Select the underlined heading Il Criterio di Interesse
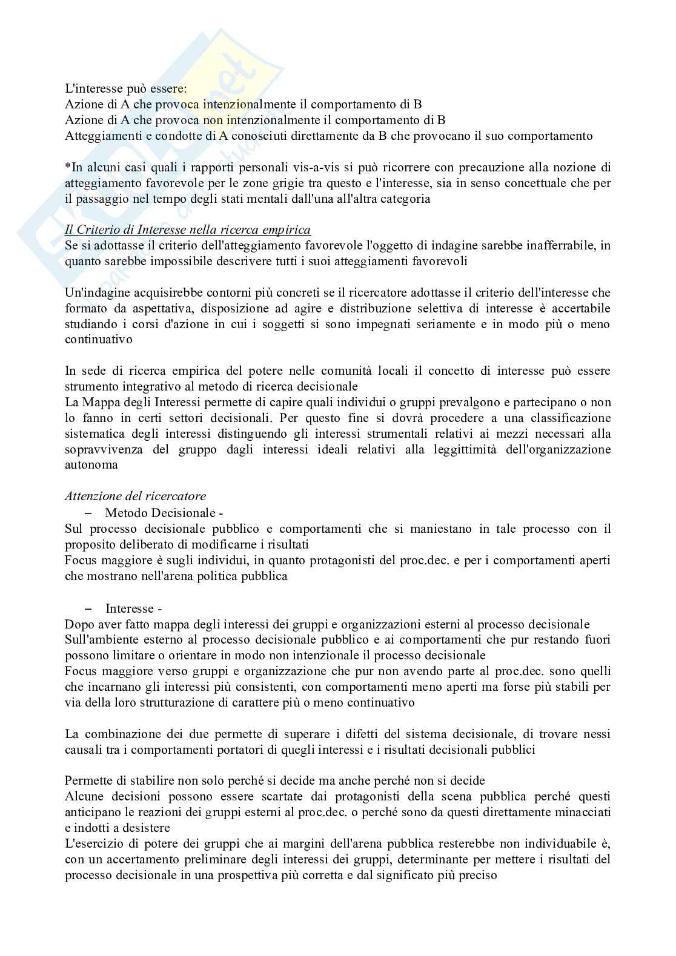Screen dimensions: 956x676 click(x=187, y=229)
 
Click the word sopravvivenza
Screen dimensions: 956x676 click(x=104, y=449)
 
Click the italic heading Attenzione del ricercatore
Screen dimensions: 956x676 click(x=135, y=496)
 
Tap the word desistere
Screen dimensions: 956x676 click(x=146, y=828)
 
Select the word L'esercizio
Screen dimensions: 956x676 click(x=95, y=843)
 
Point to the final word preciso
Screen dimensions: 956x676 click(x=478, y=875)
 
